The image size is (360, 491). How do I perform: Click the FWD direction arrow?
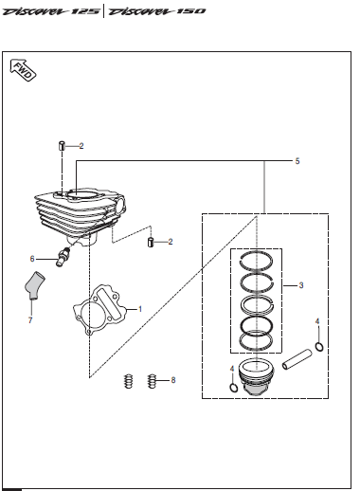pos(23,70)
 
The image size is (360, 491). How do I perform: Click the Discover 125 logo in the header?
pos(51,11)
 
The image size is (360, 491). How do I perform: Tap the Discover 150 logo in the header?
pos(156,11)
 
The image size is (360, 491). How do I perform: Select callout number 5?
pos(297,161)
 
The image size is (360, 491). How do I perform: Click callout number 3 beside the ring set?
pos(301,285)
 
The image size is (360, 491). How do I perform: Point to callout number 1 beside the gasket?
pos(140,309)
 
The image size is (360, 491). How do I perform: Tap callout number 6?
pos(32,259)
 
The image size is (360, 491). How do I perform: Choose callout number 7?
pos(30,320)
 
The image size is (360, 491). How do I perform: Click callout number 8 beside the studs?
pos(173,380)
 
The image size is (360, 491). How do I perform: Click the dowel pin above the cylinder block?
pos(62,146)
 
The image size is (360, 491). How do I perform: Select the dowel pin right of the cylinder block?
pos(151,242)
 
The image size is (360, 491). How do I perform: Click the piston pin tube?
pos(297,359)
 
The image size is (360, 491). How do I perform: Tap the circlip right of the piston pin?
pos(319,347)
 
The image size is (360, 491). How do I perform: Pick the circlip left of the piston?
pos(233,388)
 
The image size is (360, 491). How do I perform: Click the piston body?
pos(256,376)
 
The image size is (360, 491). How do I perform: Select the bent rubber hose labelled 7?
pos(34,285)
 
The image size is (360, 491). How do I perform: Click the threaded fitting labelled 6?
pos(63,257)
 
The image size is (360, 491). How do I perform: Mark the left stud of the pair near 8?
pos(128,381)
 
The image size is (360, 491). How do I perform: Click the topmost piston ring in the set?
pos(256,262)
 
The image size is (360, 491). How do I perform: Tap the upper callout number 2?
pos(81,146)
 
